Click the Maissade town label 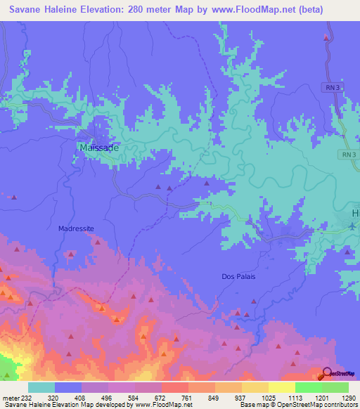(x=99, y=148)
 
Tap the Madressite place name (x=75, y=229)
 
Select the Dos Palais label (x=238, y=276)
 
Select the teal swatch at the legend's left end (x=41, y=387)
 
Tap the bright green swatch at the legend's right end (x=335, y=387)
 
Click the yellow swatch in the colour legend (x=282, y=387)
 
